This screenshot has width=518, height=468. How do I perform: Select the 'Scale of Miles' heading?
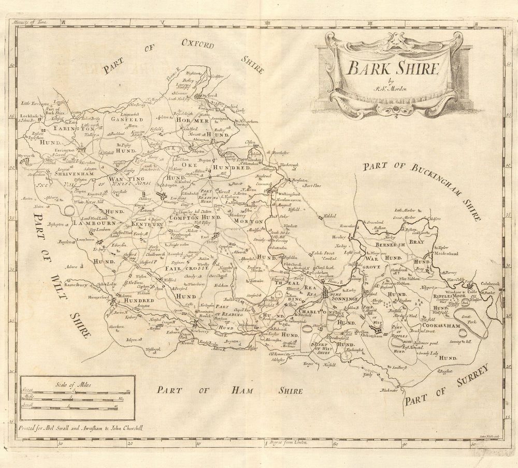78,385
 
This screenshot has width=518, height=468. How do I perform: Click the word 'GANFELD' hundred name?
125,118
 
